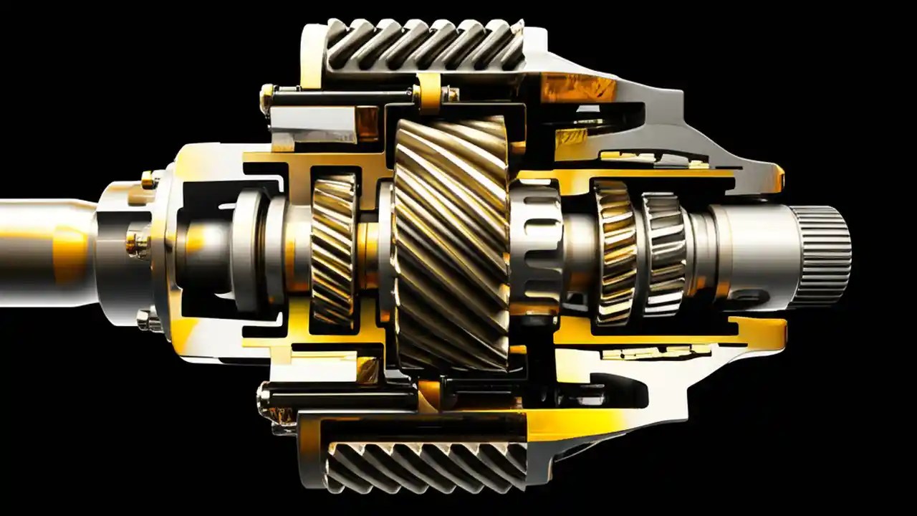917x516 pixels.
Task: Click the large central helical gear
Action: click(x=451, y=244)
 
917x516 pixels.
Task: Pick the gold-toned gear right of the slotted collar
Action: click(x=615, y=251)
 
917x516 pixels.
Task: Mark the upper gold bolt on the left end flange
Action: click(x=149, y=179)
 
